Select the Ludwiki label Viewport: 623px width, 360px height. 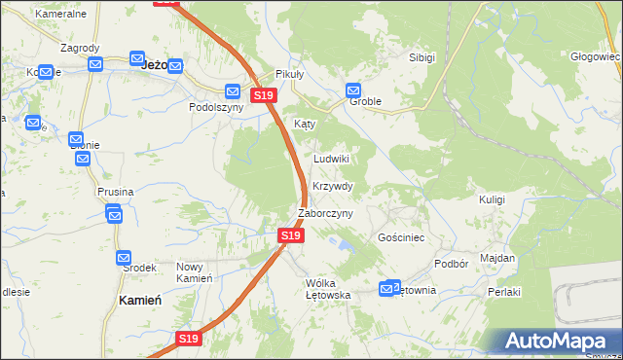pyautogui.click(x=331, y=159)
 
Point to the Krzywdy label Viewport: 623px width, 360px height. pyautogui.click(x=333, y=186)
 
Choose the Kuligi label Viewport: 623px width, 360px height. pyautogui.click(x=492, y=199)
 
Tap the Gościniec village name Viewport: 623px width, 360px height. pyautogui.click(x=398, y=237)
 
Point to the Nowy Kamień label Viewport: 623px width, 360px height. pyautogui.click(x=194, y=272)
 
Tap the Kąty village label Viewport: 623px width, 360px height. pyautogui.click(x=305, y=125)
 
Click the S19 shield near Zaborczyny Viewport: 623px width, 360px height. pyautogui.click(x=289, y=235)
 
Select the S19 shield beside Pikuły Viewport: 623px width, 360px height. pyautogui.click(x=264, y=95)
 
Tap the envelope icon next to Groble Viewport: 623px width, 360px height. pyautogui.click(x=353, y=90)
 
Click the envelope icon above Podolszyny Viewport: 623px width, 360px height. pyautogui.click(x=233, y=91)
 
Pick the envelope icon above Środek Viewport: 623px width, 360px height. pyautogui.click(x=124, y=258)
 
